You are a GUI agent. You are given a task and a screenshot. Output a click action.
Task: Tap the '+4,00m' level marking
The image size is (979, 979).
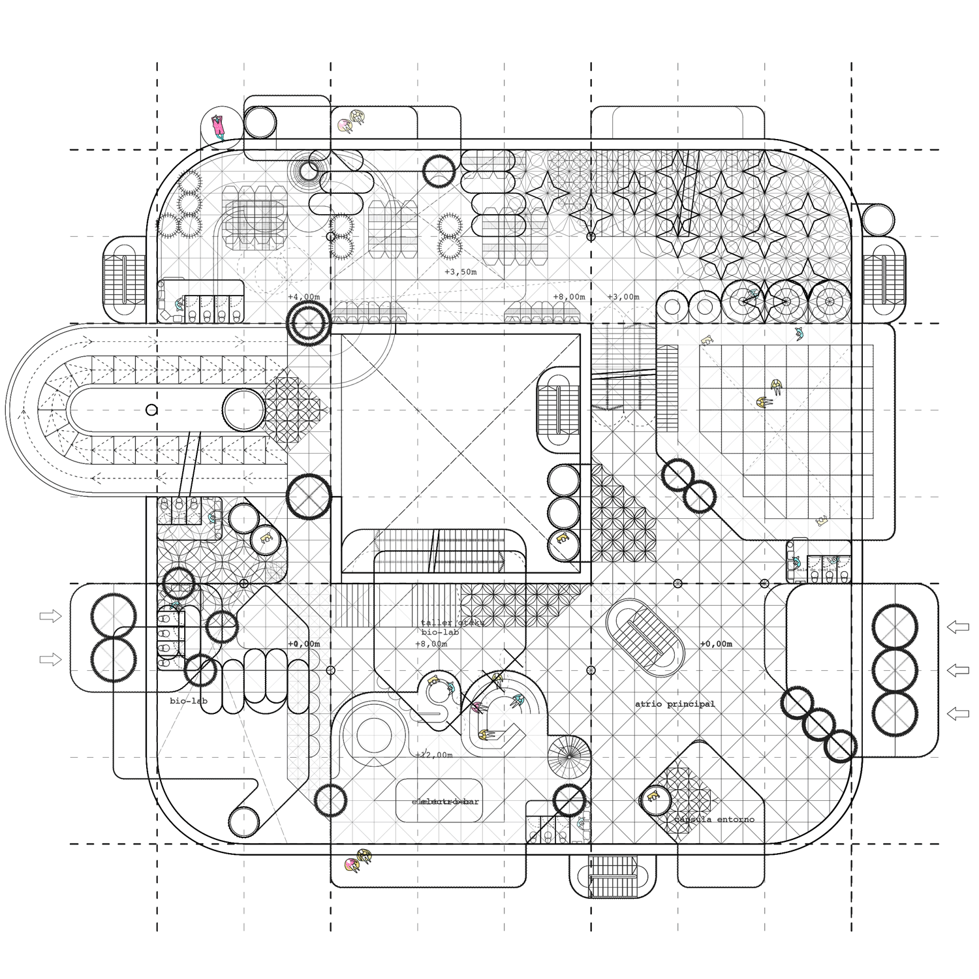click(x=304, y=298)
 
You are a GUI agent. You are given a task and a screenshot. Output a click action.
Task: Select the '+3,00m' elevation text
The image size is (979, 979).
click(x=623, y=297)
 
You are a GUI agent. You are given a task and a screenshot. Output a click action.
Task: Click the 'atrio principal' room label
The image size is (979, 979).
click(x=675, y=704)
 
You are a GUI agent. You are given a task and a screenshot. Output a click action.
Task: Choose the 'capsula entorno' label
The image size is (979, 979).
click(x=714, y=819)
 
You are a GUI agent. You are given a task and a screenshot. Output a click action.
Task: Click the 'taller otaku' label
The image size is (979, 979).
click(x=452, y=623)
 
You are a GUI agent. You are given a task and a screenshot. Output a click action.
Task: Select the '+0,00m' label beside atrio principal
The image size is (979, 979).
click(x=716, y=644)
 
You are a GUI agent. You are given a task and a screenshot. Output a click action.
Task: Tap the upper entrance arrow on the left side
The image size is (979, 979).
click(x=50, y=615)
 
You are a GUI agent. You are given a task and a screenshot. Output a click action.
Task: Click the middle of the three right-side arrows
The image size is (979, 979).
click(x=958, y=670)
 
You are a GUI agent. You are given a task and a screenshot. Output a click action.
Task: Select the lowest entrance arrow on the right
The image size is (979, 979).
click(x=958, y=713)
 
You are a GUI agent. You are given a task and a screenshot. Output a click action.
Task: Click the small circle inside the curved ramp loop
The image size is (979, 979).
click(x=151, y=410)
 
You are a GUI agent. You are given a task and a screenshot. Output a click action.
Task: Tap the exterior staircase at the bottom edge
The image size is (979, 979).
click(x=612, y=876)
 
